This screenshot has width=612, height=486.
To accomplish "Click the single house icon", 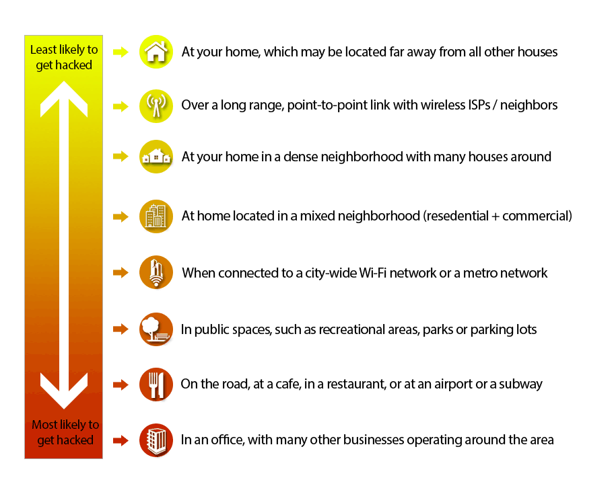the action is (156, 52).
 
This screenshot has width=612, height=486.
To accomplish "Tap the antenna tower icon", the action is (156, 106).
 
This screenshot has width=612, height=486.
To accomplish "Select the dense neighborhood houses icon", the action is (156, 157).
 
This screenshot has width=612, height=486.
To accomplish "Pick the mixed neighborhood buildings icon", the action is (156, 216).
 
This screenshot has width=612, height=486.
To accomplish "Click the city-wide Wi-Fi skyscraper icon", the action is (156, 272).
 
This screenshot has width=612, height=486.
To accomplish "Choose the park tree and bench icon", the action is (156, 329).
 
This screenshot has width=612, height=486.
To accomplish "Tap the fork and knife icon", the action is (156, 384).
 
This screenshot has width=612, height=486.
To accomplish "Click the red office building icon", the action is (156, 440).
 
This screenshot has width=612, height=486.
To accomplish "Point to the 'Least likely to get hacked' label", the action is (64, 57).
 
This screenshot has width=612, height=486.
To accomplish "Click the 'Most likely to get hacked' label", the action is (65, 432).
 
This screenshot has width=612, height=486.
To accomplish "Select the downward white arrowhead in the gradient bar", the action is (64, 391).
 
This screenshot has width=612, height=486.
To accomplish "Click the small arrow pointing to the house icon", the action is (121, 52).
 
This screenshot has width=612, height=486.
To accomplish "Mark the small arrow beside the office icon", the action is (121, 440).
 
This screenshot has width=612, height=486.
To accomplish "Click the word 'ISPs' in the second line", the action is (478, 106).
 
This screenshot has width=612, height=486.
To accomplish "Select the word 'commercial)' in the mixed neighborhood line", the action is (537, 216).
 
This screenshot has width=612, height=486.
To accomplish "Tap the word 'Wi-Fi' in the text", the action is (373, 273).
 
